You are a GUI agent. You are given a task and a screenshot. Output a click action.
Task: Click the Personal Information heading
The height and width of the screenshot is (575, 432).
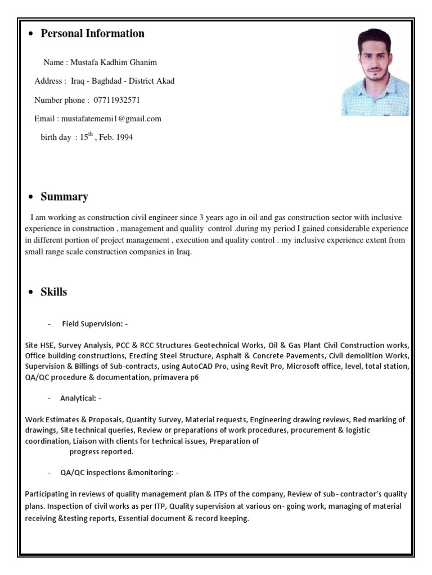tap(92, 34)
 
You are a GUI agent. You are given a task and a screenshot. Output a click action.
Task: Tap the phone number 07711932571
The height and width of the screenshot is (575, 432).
tap(113, 100)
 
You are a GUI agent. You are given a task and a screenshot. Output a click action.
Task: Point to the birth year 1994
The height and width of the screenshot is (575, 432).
tap(124, 138)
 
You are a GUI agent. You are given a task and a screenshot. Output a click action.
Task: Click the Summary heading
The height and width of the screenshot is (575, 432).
tap(64, 197)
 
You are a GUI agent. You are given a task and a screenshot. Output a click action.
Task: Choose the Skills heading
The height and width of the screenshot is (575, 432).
tap(53, 292)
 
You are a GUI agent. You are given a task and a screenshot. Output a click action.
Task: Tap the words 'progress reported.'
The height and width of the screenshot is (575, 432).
tap(101, 451)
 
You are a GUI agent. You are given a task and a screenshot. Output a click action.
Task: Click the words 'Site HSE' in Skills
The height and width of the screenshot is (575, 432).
tap(39, 345)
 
